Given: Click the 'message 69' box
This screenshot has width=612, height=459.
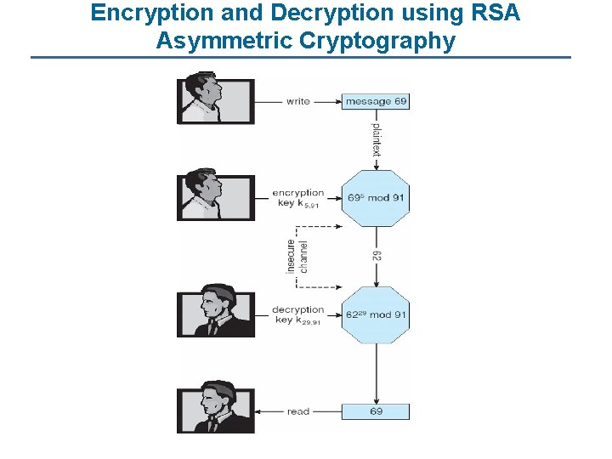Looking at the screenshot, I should [376, 101].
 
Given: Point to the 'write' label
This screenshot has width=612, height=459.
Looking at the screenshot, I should [298, 101].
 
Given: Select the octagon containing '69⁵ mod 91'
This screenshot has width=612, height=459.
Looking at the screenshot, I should [375, 198].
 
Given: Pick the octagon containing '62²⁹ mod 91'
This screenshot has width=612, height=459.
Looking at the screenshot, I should [375, 314].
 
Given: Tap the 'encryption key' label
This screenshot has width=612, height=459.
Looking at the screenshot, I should [298, 198].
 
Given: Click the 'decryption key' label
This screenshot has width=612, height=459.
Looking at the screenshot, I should [298, 314].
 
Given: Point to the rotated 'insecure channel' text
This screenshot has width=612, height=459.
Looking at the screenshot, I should [298, 256].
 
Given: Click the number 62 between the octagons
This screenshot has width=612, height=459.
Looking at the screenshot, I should [376, 256].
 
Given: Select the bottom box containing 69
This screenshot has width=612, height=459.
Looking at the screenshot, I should [376, 411].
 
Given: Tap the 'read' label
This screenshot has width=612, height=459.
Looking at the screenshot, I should [298, 411].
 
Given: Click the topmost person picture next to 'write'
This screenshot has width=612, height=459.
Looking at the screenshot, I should [215, 99].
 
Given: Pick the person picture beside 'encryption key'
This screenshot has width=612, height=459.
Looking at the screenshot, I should [215, 196].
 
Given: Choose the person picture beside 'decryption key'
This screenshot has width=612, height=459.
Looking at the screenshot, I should [215, 314].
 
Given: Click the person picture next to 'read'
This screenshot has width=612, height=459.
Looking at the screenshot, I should [215, 411].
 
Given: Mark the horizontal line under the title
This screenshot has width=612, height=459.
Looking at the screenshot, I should [301, 58].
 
